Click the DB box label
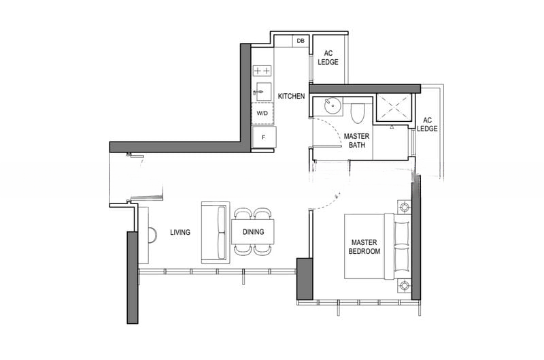point(301,41)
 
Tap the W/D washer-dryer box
point(262,113)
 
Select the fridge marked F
point(264,137)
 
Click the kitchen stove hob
point(262,71)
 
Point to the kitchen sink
point(262,92)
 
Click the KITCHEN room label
point(292,96)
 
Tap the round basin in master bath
point(333,105)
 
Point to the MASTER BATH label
point(356,141)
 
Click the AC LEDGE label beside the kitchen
point(328,58)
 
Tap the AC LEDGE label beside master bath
point(427,125)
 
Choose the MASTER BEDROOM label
point(364,247)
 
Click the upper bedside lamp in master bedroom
point(404,208)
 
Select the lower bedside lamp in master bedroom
point(404,286)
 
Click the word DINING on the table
point(253,232)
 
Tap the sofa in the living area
point(216,233)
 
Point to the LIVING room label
point(180,232)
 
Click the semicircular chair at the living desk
point(152,235)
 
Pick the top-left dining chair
point(243,214)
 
